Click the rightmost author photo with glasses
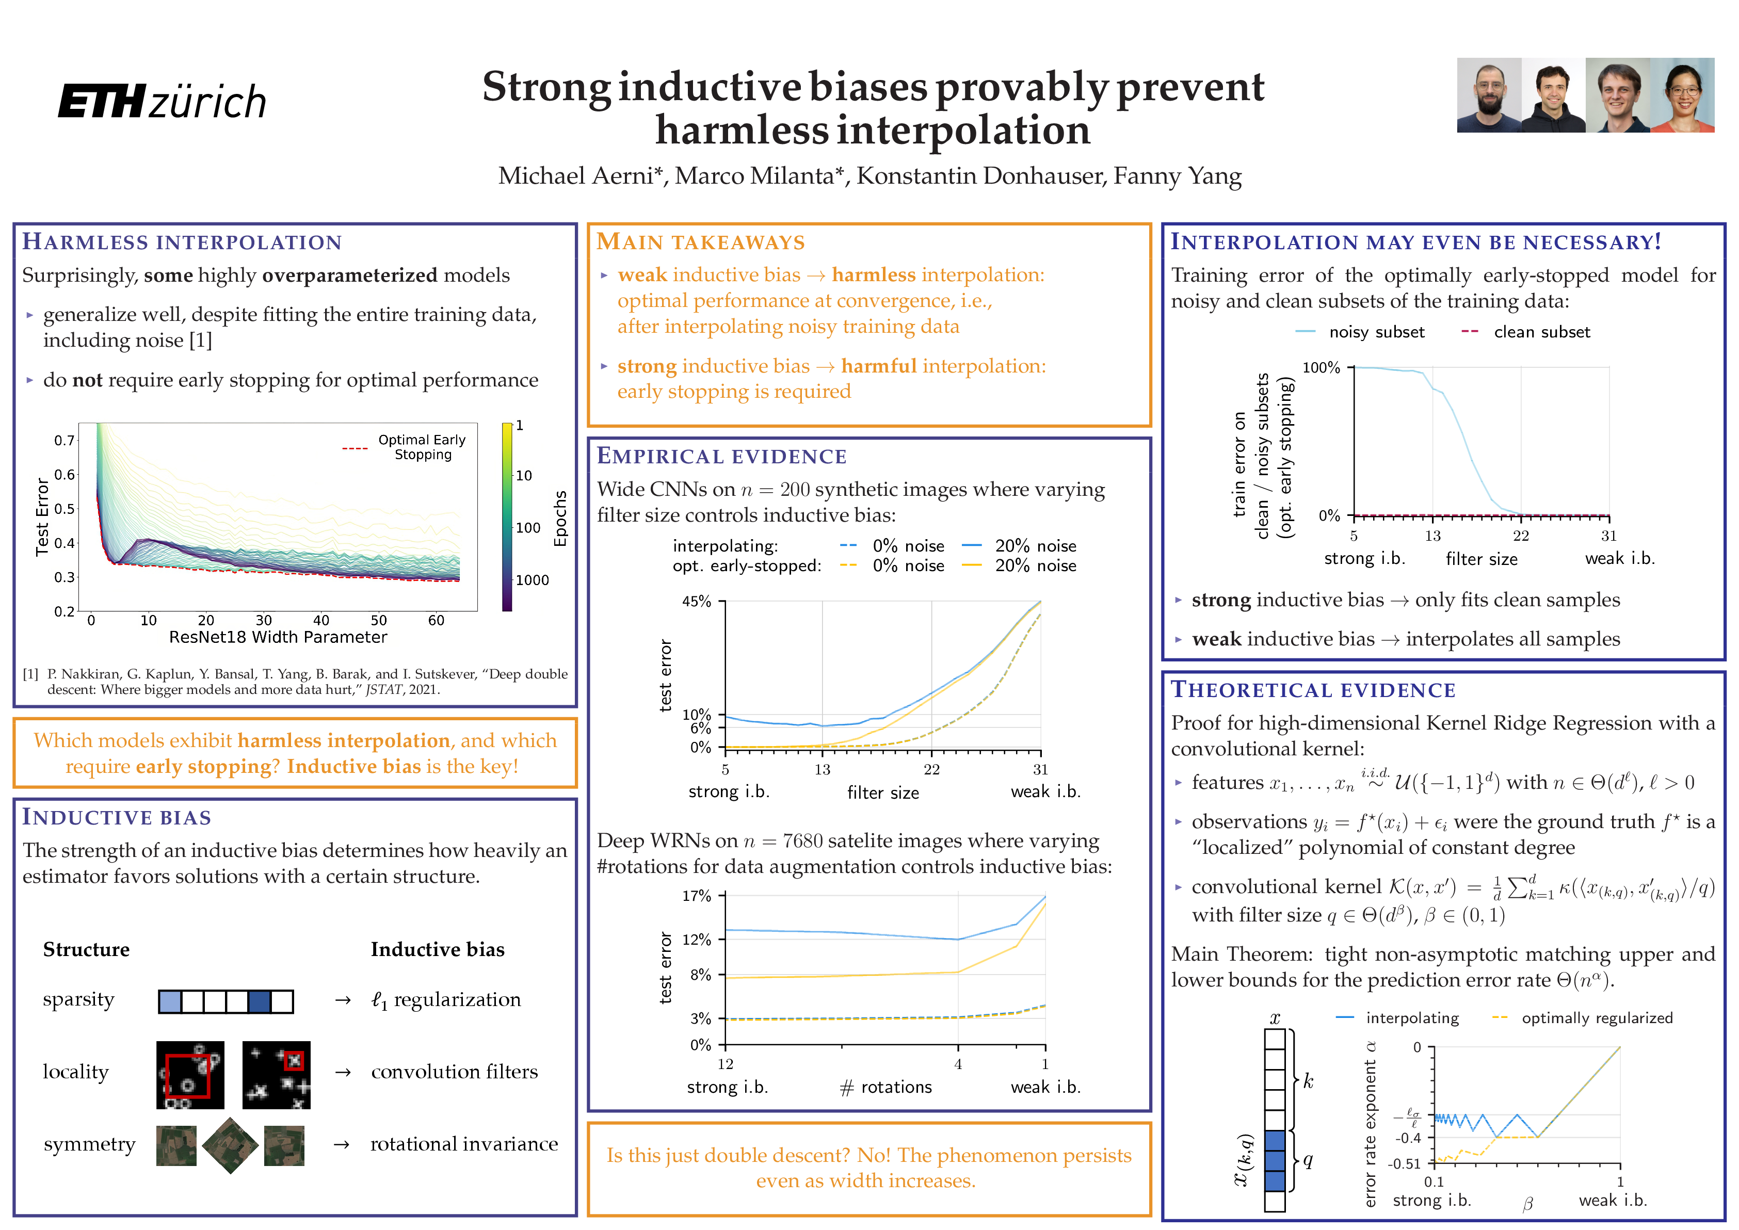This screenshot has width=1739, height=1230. [1682, 95]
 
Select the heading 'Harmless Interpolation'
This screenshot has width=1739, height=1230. [182, 242]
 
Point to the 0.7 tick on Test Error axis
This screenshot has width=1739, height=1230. [65, 440]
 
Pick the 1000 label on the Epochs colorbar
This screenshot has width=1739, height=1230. [533, 580]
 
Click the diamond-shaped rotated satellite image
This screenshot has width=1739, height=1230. [230, 1145]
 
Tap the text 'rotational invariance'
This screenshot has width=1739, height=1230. [463, 1144]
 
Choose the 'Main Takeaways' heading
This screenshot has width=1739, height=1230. [701, 242]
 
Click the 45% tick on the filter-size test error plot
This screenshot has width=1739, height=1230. [697, 602]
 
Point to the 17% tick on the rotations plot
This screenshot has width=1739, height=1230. [697, 896]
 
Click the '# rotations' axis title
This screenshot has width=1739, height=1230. [886, 1088]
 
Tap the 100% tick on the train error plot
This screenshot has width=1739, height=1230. [1321, 367]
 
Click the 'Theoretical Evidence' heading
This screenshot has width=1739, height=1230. [1313, 690]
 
